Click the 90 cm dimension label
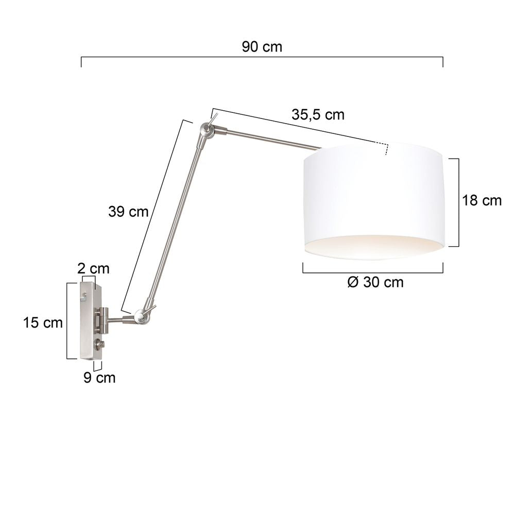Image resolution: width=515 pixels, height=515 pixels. click(x=262, y=47)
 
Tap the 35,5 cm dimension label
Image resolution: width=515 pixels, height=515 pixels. click(x=318, y=115)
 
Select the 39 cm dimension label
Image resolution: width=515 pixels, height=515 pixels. click(x=128, y=212)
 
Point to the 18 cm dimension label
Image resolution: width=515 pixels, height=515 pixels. click(x=482, y=200)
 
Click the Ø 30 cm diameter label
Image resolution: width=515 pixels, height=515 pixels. click(x=375, y=282)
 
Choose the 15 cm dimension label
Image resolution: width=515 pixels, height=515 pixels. click(x=43, y=322)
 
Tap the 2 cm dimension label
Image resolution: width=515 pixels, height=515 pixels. click(x=93, y=269)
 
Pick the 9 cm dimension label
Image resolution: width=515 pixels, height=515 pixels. click(x=99, y=377)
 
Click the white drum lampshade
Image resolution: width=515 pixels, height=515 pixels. click(x=374, y=201)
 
